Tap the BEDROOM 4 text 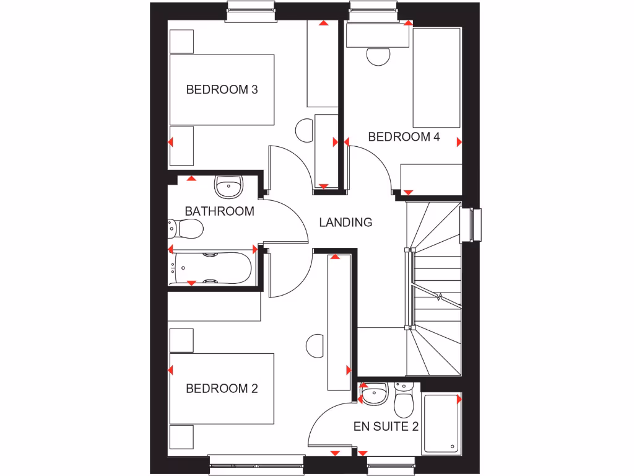click(404, 137)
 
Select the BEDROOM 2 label click(222, 389)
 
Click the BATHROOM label click(219, 211)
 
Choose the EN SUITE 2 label click(386, 427)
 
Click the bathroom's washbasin click(229, 185)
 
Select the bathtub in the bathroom click(212, 267)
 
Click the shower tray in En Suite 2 click(441, 423)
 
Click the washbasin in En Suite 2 click(374, 394)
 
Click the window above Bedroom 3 click(250, 11)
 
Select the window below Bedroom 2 click(256, 465)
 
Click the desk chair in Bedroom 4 click(379, 56)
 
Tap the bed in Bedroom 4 click(436, 77)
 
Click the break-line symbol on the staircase click(439, 297)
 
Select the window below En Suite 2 click(391, 465)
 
